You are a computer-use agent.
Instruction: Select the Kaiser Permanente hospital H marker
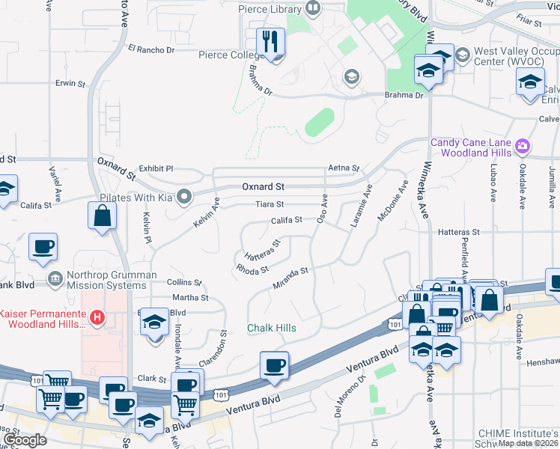96,318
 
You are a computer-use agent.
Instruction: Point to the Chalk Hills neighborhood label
272,329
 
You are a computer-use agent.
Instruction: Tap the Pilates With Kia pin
185,198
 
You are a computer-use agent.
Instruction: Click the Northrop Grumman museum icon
55,279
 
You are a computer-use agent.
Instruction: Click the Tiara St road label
270,204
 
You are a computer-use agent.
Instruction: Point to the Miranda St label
290,278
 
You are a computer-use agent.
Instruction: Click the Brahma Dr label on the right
404,95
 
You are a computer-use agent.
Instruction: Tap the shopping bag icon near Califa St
101,216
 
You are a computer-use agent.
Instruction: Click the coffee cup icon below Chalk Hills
274,366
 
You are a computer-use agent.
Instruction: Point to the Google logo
25,440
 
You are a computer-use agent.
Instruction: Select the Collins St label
185,282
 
